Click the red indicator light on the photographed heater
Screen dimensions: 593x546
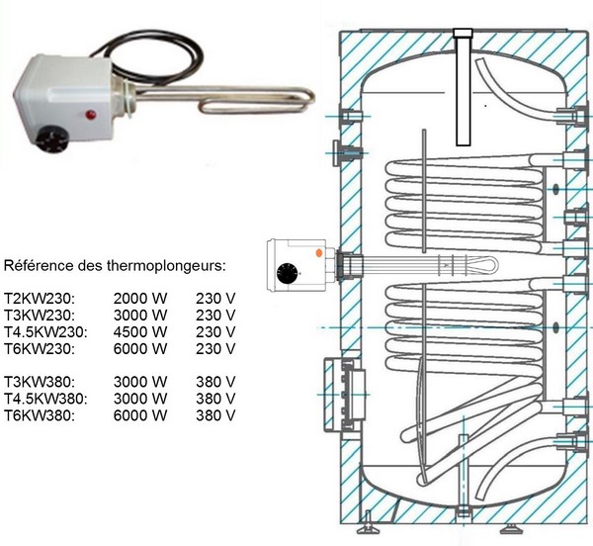point(91,115)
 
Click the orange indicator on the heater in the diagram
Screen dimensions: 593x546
point(319,253)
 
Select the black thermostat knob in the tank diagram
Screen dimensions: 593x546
point(287,273)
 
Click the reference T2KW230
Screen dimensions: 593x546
point(40,299)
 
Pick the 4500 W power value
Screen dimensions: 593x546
point(140,331)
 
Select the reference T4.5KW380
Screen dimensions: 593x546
point(45,399)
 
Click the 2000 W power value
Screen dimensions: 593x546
point(140,299)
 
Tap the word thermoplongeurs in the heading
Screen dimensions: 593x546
point(166,266)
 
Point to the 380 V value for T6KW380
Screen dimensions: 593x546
point(215,415)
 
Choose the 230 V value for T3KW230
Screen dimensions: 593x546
point(215,316)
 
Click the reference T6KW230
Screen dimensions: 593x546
point(40,348)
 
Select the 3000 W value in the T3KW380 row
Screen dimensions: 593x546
point(140,382)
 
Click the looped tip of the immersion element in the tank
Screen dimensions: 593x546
point(488,264)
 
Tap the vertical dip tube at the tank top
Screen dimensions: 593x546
point(463,87)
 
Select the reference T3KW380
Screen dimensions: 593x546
point(40,382)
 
